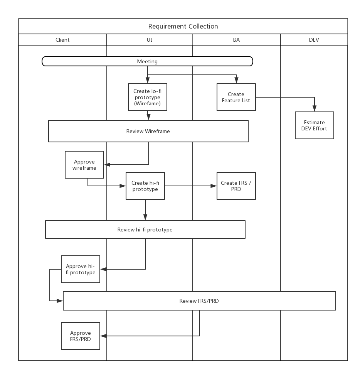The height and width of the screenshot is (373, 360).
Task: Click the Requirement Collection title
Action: point(183,26)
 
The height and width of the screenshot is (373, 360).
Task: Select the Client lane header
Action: point(62,40)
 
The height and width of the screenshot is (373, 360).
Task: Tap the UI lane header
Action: point(149,40)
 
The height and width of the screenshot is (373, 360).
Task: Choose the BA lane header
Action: point(236,40)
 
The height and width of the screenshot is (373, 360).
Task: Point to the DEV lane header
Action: point(314,40)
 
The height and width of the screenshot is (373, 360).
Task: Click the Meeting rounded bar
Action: point(147,61)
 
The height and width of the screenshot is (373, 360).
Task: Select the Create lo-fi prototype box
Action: point(147,97)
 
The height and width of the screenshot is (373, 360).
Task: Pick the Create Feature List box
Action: point(236,97)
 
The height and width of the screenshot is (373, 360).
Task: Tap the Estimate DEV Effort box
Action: point(315,125)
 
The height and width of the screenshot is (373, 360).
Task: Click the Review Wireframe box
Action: point(148,131)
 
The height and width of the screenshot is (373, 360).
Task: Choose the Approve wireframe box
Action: point(84,165)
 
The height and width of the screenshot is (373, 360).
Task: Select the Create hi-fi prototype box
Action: point(145,186)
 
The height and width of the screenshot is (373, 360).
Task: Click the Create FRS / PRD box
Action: point(236,186)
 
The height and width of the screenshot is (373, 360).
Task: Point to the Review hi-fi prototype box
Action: point(145,230)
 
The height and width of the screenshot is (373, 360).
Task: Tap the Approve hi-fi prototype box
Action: point(81,269)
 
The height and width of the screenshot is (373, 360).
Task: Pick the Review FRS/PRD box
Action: point(199,301)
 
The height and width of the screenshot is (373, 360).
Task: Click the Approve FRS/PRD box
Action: point(81,336)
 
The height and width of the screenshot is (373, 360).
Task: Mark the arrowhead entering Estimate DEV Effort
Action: point(315,108)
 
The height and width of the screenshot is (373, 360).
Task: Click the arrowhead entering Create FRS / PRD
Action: point(214,186)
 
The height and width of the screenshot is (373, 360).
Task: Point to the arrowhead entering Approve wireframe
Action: point(107,165)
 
